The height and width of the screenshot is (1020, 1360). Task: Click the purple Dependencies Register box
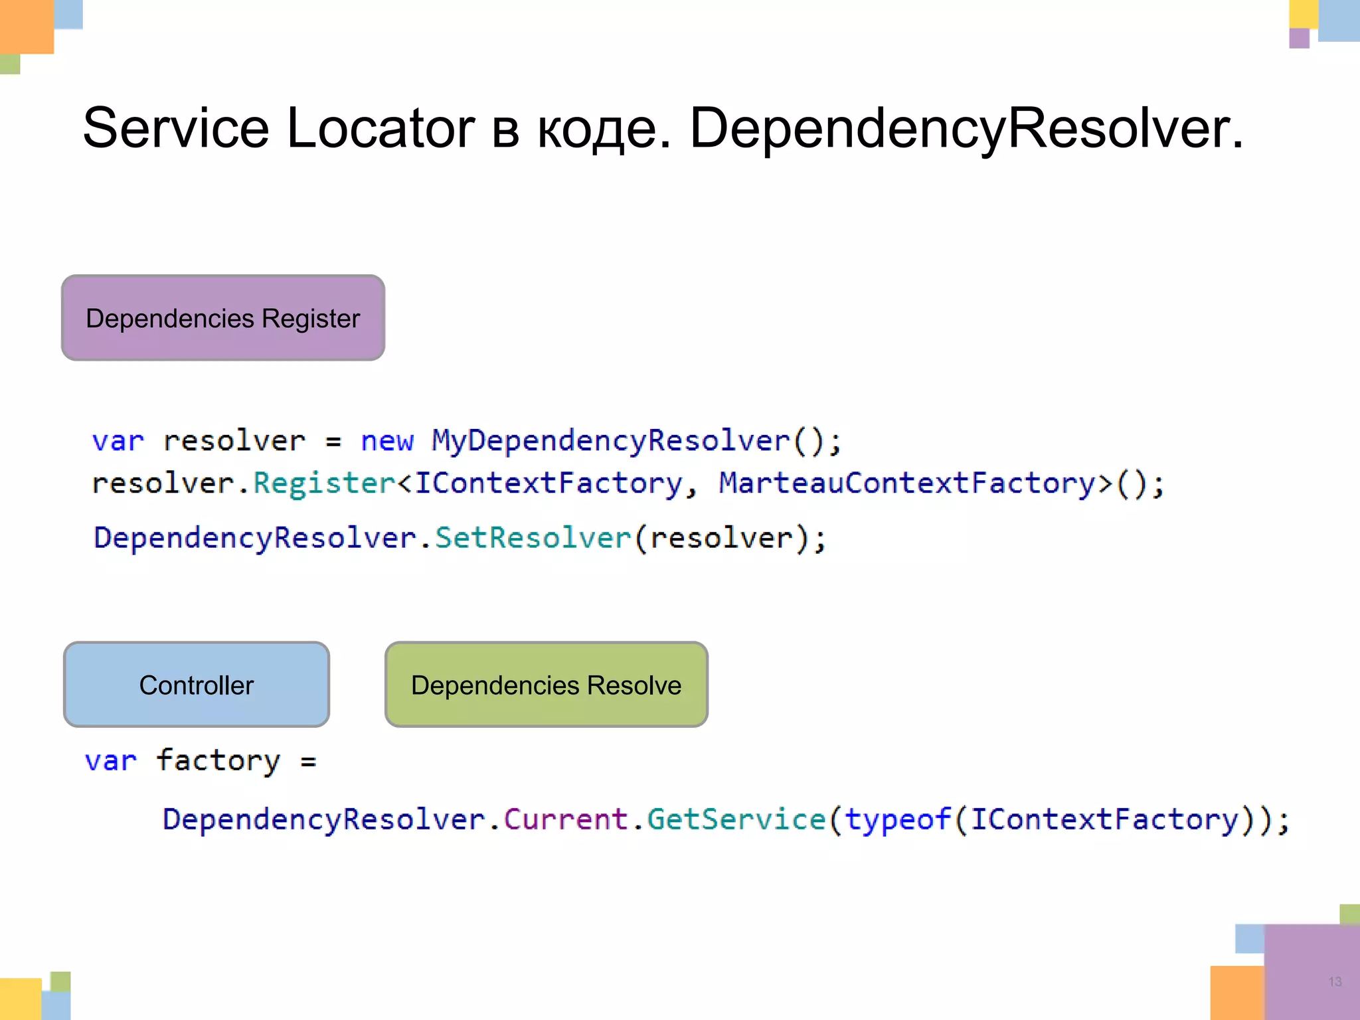click(223, 318)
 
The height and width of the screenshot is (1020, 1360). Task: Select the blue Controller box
click(197, 685)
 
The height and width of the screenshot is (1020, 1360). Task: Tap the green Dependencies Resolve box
click(546, 685)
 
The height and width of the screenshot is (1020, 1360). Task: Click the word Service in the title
click(176, 127)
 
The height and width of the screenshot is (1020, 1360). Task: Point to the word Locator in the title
click(381, 127)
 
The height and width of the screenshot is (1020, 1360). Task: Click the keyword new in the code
click(387, 441)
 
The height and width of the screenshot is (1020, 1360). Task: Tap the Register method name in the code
click(324, 483)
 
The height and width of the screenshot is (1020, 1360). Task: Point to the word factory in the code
click(218, 761)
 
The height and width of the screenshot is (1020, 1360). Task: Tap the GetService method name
click(736, 819)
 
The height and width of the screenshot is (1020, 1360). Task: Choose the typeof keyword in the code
click(898, 819)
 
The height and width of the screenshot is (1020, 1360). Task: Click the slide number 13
click(1335, 981)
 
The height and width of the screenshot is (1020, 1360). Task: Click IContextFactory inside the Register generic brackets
click(549, 483)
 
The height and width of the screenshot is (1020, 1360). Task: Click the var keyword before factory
click(111, 761)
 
